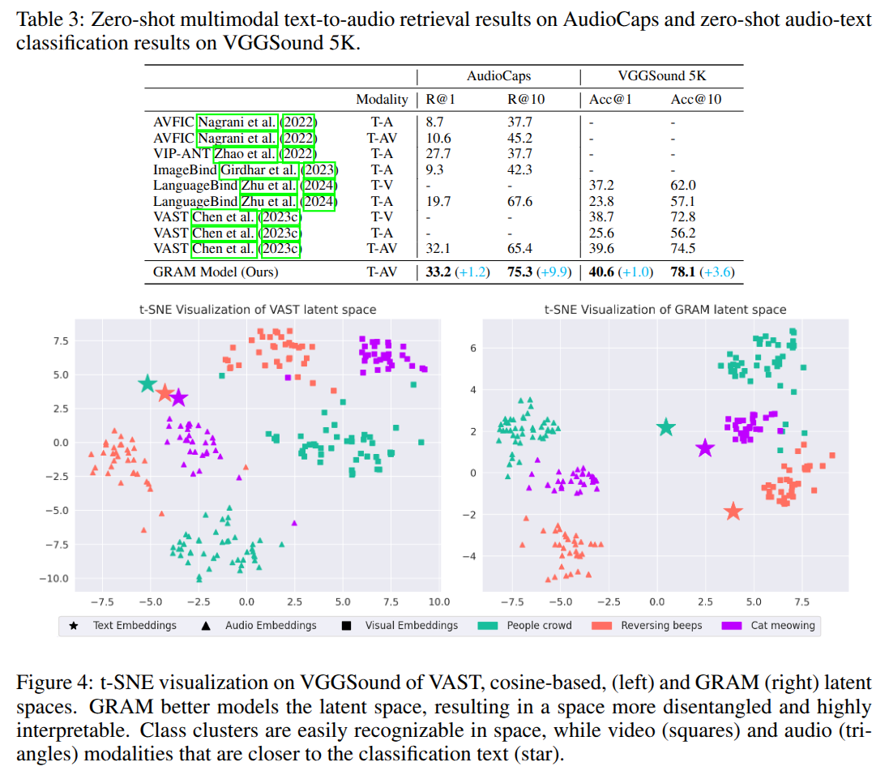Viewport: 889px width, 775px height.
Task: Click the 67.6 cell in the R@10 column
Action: point(520,201)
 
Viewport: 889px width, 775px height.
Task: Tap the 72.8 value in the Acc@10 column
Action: point(684,216)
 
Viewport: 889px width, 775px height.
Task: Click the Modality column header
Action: point(382,100)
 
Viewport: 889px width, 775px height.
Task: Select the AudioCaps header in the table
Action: point(498,76)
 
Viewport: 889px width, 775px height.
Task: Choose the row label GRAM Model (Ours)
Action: point(216,272)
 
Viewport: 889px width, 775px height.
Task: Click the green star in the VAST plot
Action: point(147,383)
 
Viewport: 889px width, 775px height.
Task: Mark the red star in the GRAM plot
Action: point(733,512)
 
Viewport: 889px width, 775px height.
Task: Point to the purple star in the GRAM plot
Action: point(704,447)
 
